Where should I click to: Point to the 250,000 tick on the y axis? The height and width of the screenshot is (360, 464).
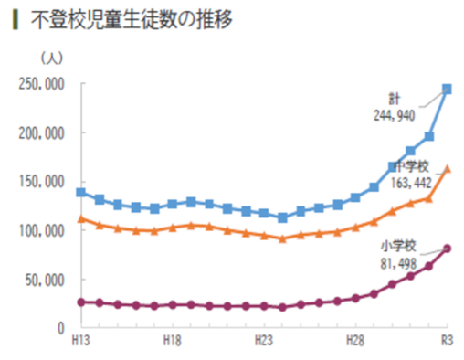[42, 84]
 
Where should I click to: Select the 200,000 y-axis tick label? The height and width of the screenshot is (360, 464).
[42, 133]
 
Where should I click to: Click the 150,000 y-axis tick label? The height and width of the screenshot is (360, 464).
[42, 182]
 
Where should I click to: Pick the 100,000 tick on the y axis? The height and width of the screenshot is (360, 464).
[42, 230]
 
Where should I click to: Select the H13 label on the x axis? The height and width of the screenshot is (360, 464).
[80, 340]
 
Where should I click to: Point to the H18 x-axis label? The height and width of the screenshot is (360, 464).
[172, 340]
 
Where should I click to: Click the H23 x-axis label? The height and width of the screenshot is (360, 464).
[263, 340]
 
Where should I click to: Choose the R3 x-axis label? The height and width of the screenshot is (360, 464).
[448, 340]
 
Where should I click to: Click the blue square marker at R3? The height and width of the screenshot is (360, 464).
[447, 90]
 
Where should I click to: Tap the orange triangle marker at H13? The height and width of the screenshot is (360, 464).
[81, 218]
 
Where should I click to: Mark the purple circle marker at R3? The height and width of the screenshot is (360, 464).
[447, 248]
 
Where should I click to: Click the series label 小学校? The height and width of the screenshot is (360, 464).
[399, 245]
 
